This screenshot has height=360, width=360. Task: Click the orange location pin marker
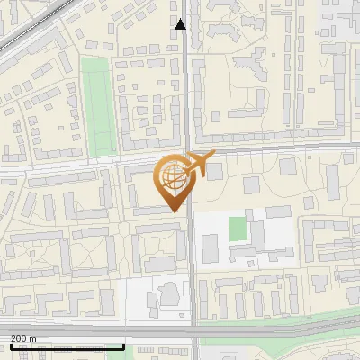coord(172,180)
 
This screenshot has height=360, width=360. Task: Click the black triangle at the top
coord(180,24)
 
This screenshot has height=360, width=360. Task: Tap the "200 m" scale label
coord(23,338)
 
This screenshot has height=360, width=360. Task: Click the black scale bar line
coord(67,346)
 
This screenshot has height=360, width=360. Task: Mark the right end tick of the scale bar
coord(123,345)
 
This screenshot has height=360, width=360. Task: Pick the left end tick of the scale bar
coord(10,345)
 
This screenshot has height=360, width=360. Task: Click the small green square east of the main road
coord(238,229)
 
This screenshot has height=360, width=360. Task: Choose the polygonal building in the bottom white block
coord(168,294)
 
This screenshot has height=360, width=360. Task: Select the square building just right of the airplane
coord(214,171)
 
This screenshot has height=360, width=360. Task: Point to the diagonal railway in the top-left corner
coord(31,31)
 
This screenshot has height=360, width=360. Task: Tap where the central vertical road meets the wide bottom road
coord(194,329)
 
